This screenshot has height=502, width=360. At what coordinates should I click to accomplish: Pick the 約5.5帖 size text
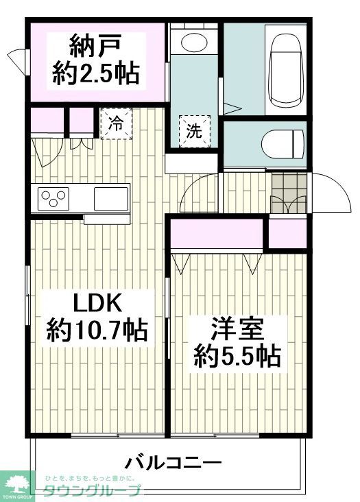pos(236,355)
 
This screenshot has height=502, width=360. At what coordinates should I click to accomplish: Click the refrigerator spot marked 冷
pos(117,124)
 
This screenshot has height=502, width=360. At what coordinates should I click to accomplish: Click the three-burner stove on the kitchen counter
pos(53,198)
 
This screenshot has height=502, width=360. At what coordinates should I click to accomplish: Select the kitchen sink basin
pos(110,198)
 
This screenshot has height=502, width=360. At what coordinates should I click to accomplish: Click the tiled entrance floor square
pos(287,183)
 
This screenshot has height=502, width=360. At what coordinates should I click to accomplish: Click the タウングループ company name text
pos(92,490)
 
